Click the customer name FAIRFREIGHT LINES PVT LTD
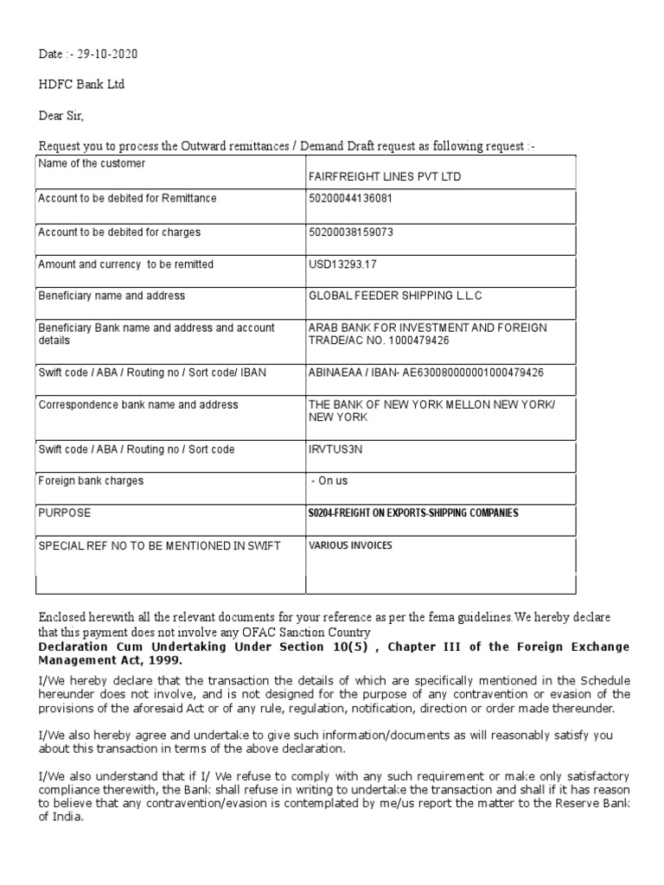[385, 176]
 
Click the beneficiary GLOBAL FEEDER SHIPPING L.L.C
[395, 296]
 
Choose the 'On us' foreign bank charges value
[329, 481]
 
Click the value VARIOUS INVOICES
[349, 545]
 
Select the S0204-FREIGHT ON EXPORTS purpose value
[413, 513]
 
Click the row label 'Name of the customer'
[92, 163]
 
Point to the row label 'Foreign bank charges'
[91, 481]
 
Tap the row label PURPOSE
[64, 513]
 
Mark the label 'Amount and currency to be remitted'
[125, 264]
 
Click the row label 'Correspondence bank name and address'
[138, 404]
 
